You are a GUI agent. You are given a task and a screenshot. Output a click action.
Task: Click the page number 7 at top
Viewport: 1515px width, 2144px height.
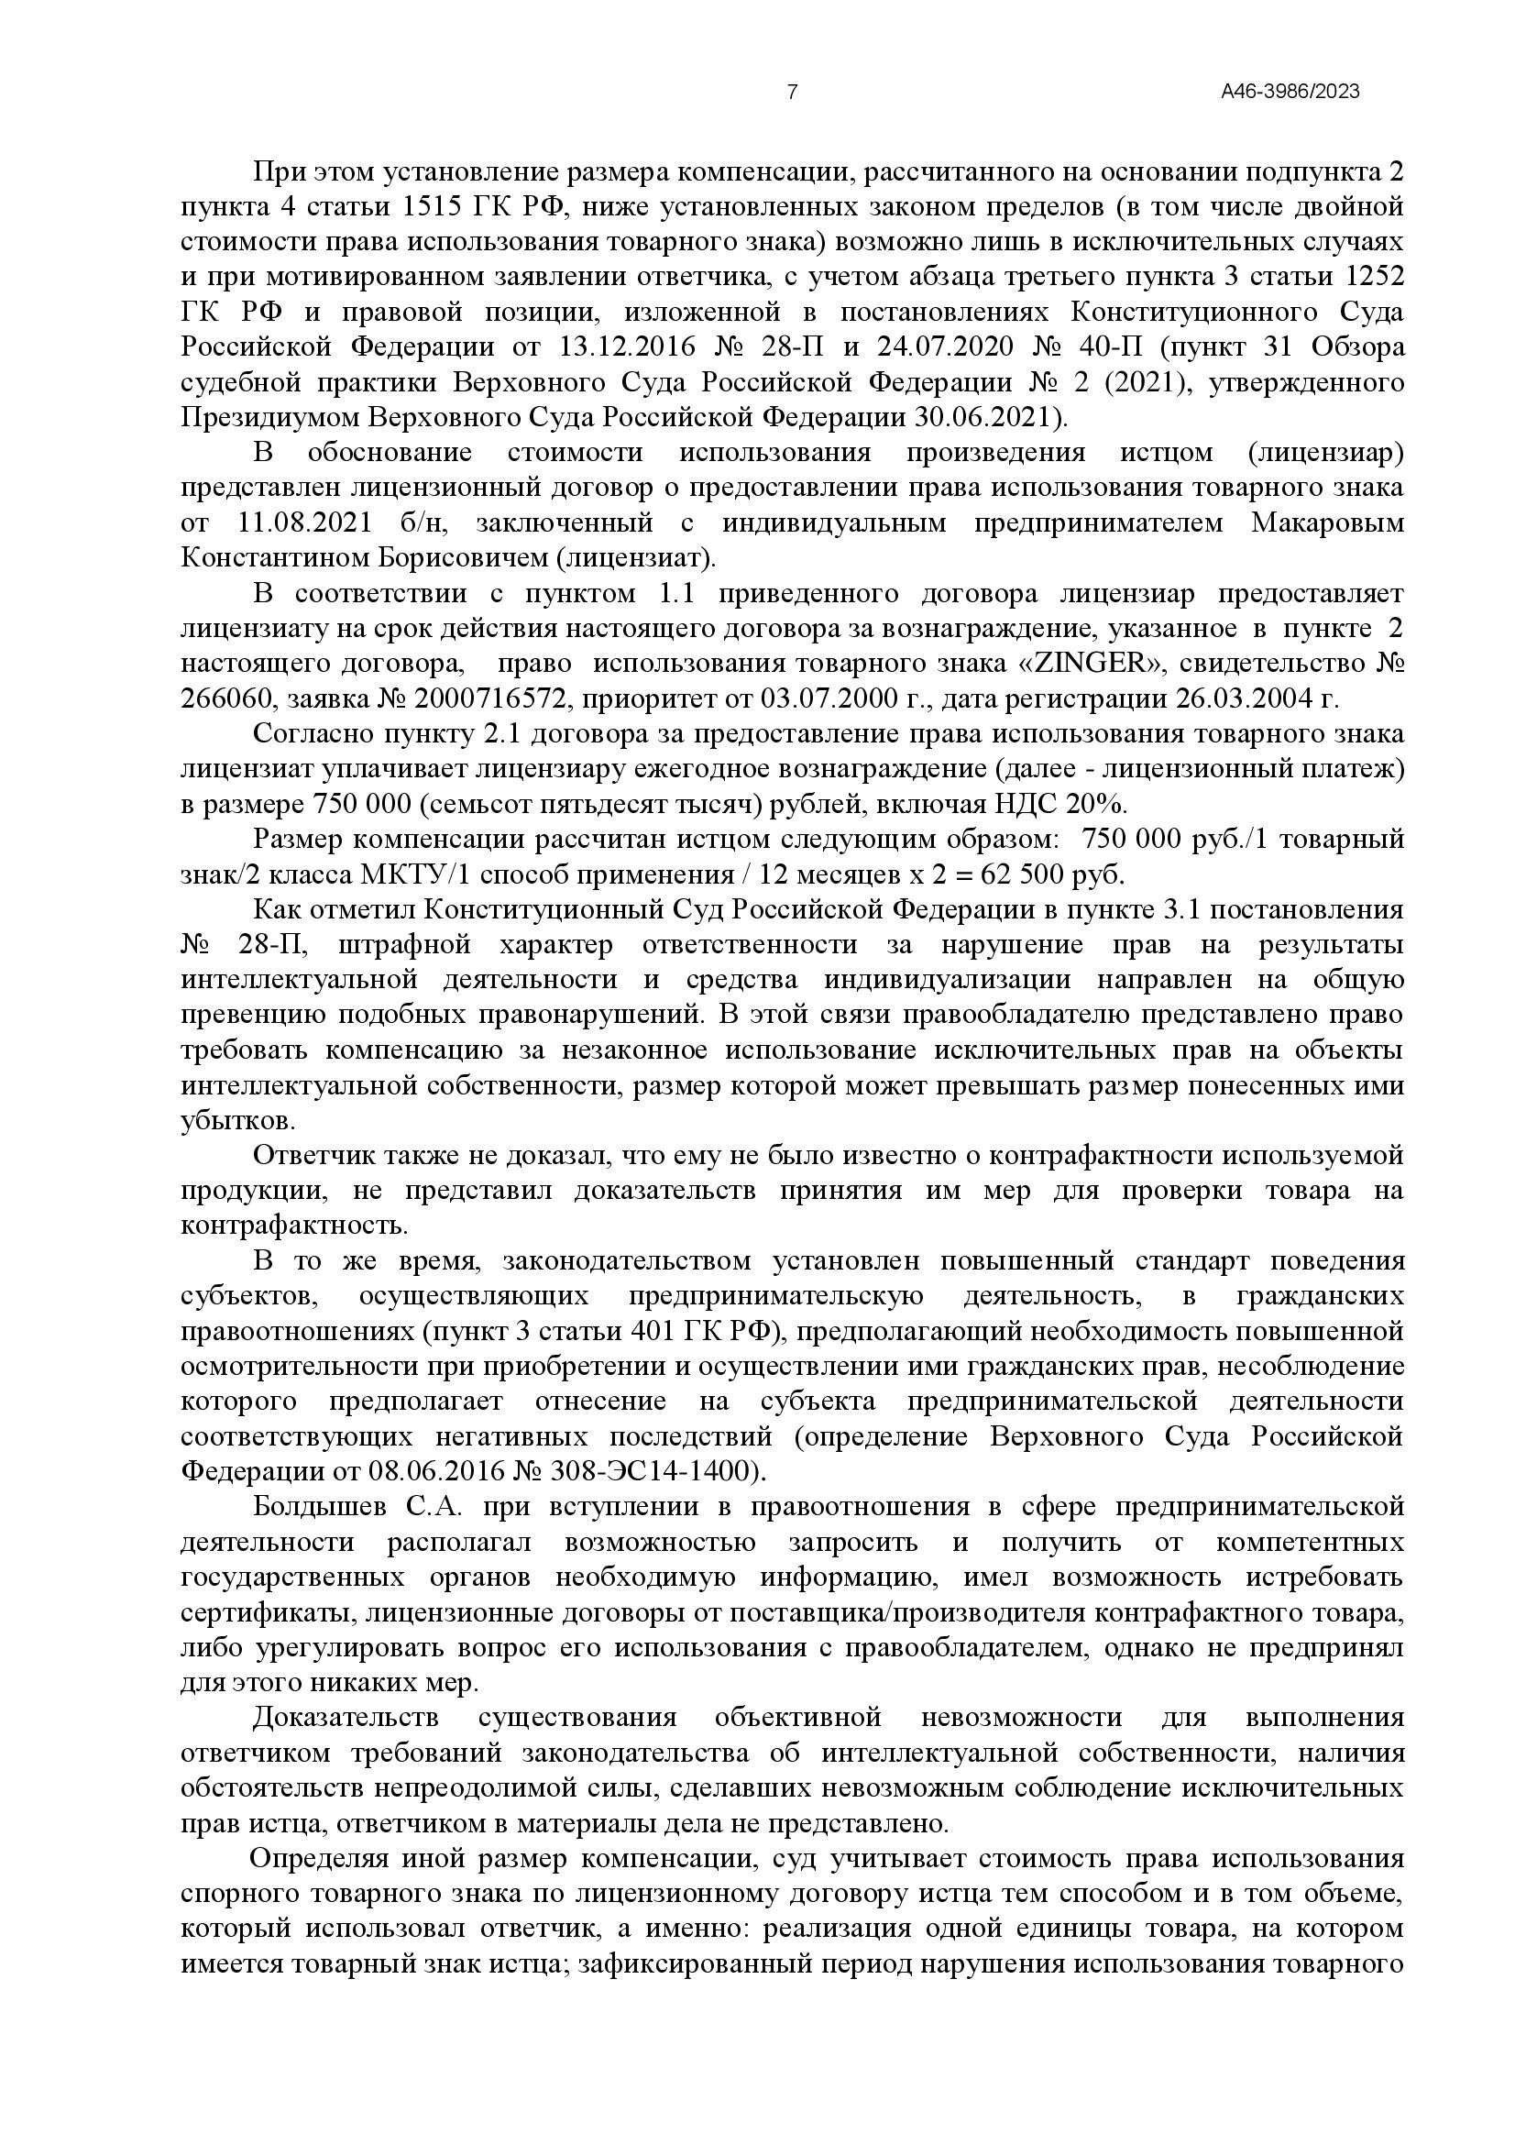(793, 92)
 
